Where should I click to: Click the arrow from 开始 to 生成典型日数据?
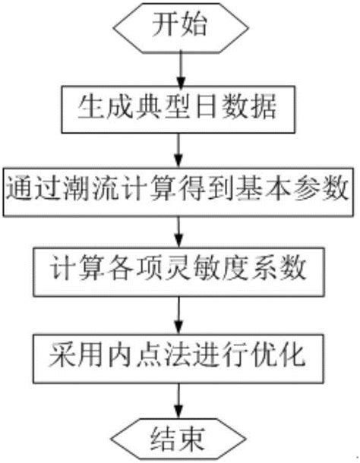[179, 69]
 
